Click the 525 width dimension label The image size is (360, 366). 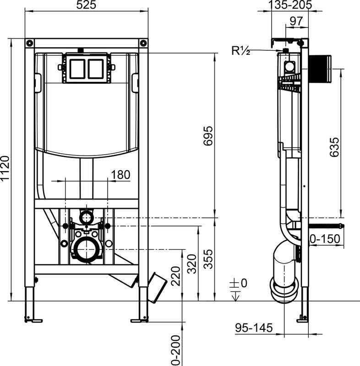[86, 5]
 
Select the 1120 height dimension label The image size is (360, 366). [5, 168]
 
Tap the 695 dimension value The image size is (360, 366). [208, 136]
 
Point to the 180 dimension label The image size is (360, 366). [120, 175]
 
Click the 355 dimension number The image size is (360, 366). [208, 259]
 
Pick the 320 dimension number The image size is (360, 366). [192, 264]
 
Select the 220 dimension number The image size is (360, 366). [176, 276]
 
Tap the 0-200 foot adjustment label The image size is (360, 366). [176, 350]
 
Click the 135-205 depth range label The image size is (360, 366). [289, 5]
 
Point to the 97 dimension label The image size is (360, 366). [296, 21]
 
